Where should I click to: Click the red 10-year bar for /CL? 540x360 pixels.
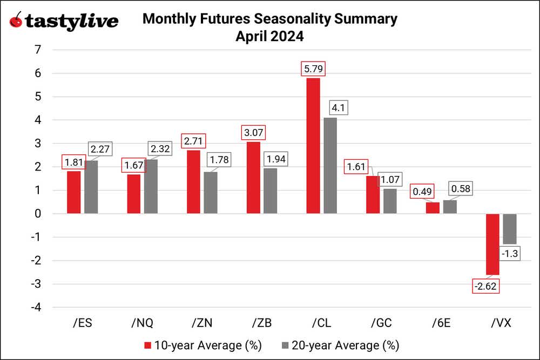point(313,146)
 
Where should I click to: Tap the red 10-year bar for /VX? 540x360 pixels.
point(492,244)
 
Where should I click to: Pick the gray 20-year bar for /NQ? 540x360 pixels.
point(151,186)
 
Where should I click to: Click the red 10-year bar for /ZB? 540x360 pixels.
point(253,178)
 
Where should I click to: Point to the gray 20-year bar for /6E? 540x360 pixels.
point(450,207)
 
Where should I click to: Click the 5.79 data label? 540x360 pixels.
point(313,69)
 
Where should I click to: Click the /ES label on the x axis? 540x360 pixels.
point(82,323)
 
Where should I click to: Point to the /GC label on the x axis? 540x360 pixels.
point(381,323)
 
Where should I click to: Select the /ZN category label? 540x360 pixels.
point(202,323)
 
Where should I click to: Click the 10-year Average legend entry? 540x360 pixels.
point(189,345)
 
